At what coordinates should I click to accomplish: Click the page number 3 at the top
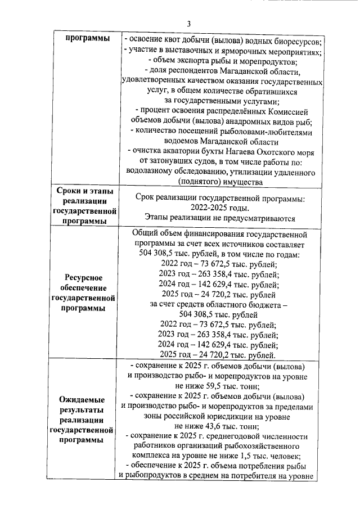[x=189, y=23]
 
